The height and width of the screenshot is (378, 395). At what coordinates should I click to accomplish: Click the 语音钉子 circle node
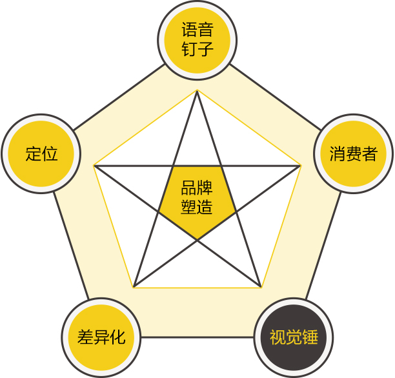coord(197,40)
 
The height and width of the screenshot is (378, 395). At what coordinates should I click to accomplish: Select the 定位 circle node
coord(41,154)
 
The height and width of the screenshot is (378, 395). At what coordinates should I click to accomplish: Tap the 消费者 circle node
coord(354,154)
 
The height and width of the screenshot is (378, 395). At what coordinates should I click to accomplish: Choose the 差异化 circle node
coord(101,337)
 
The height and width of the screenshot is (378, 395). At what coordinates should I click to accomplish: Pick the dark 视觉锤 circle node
coord(294,337)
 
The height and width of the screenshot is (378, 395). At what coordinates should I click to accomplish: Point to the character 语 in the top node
coord(190,30)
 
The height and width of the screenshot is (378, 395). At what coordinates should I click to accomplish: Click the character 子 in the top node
coord(205,48)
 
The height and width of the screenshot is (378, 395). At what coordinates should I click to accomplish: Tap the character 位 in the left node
coord(50,154)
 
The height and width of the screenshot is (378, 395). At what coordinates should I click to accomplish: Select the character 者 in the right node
coord(370,154)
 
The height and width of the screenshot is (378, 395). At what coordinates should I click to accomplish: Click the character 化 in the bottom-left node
coord(117,337)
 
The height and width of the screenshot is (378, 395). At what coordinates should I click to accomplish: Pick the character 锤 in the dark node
coord(310,337)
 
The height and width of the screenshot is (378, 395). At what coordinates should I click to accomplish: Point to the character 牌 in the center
coord(205,188)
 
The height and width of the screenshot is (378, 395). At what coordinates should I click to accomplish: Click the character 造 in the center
coord(205,207)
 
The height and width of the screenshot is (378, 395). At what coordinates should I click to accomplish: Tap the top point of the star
coord(197,91)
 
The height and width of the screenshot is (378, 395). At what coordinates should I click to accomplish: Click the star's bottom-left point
coord(134,287)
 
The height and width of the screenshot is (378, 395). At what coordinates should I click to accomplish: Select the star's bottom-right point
coord(261,287)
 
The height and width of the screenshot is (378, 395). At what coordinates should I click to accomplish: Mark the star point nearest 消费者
coord(301,166)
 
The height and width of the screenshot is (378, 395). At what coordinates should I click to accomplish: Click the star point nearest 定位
coord(94,166)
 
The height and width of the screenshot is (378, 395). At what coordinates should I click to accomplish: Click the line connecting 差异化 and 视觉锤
coord(197,337)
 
